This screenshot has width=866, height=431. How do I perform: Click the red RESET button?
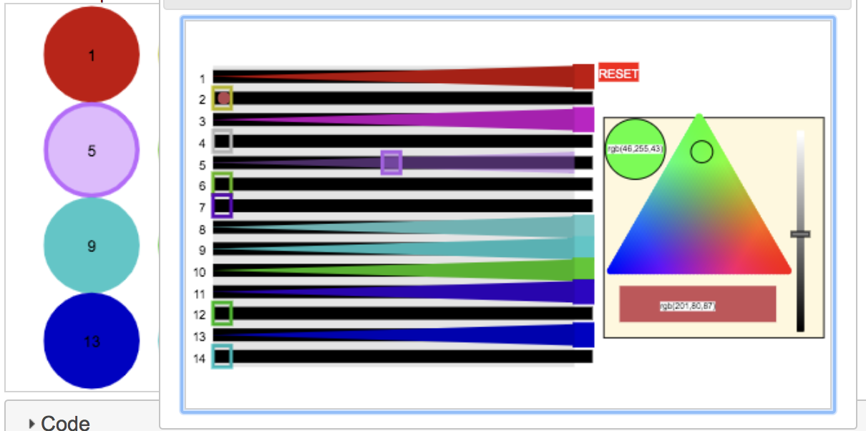[x=618, y=74]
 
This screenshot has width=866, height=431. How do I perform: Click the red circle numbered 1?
[x=91, y=55]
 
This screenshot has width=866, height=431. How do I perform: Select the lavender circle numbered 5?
[x=91, y=150]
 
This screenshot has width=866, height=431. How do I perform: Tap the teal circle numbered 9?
[x=91, y=246]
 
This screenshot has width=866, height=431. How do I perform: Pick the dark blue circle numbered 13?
[x=91, y=341]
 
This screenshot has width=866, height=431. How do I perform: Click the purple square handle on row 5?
[x=391, y=163]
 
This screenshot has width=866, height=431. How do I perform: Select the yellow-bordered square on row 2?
[x=223, y=97]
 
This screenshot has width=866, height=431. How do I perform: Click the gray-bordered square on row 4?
[x=223, y=141]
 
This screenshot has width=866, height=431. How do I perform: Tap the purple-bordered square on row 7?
[x=223, y=206]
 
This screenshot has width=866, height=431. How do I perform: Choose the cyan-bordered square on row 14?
[x=223, y=356]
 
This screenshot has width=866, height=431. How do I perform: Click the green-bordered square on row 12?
[x=223, y=313]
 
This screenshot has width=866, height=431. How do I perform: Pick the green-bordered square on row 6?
[x=223, y=184]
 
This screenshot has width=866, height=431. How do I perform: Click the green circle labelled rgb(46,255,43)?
[x=635, y=149]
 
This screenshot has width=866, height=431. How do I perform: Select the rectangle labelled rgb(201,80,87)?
[x=697, y=304]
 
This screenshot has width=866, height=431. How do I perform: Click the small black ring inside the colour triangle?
[x=701, y=152]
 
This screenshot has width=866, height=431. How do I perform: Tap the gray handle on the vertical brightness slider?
[x=800, y=234]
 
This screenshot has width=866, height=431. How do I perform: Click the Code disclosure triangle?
[x=31, y=424]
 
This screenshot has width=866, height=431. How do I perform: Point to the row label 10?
[x=199, y=272]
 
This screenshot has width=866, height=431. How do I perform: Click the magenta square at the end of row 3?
[x=584, y=120]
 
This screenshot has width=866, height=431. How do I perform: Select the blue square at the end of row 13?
[x=584, y=335]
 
